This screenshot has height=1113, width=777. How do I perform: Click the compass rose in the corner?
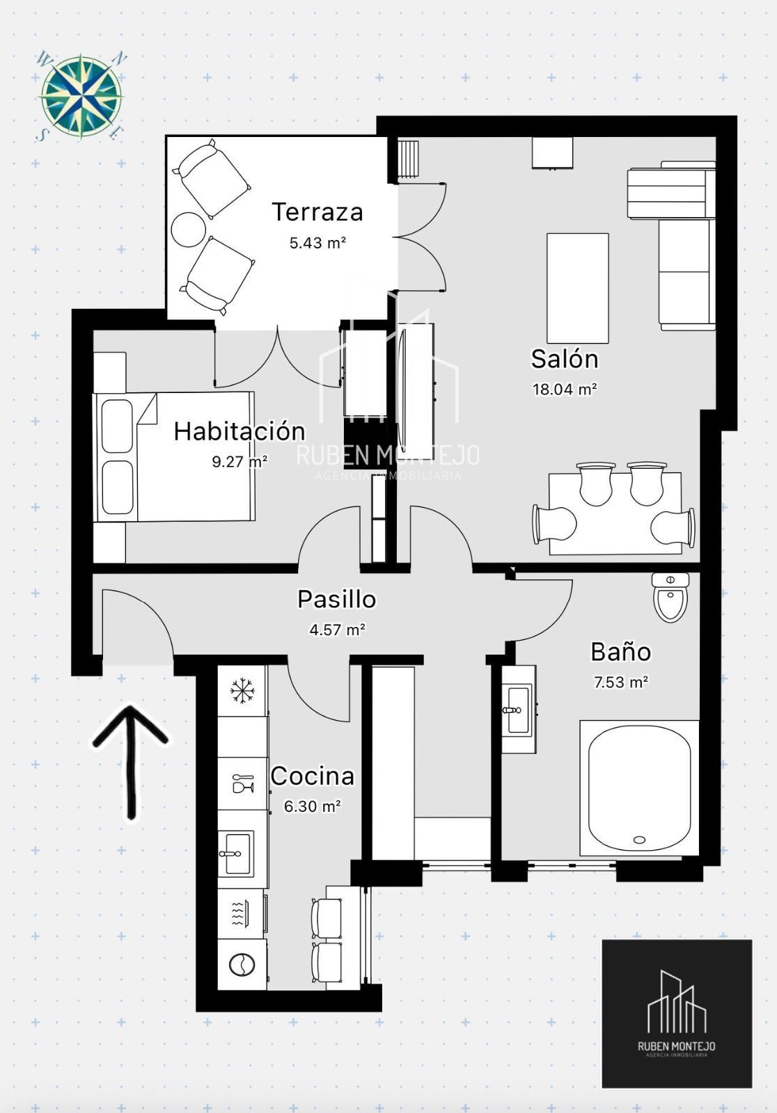pos(81,96)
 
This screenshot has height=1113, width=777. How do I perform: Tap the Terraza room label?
pos(317,212)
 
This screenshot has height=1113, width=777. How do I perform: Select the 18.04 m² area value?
pos(565,389)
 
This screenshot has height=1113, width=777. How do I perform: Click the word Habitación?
pos(240,431)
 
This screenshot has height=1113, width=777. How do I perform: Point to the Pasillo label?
pos(337,599)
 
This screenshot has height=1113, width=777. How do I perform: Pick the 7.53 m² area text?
pos(621,682)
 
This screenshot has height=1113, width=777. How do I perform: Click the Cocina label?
pos(313,776)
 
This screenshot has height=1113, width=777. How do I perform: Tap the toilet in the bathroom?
pos(670,598)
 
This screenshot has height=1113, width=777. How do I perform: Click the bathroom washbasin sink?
pos(519,709)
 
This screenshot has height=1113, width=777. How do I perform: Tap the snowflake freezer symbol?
pos(242,691)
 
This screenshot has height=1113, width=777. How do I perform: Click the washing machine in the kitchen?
pos(242,965)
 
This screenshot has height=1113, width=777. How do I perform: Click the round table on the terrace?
pos(189,230)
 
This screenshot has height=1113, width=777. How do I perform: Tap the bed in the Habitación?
pos(174,456)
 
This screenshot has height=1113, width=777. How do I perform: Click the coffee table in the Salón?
pos(577,288)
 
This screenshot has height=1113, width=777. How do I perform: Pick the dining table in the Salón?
pos(615,513)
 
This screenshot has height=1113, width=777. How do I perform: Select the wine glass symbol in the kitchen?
pos(243,783)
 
